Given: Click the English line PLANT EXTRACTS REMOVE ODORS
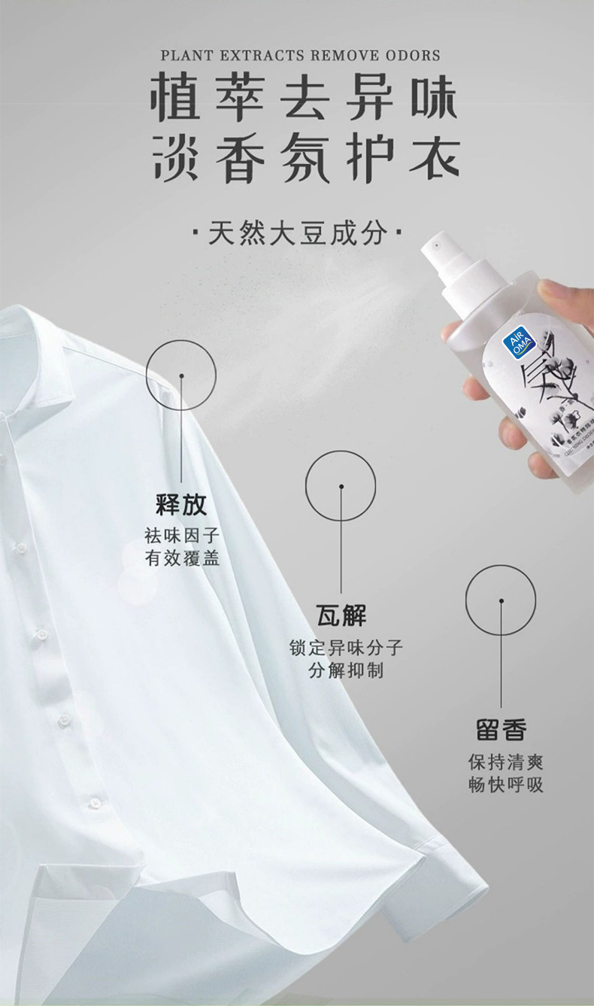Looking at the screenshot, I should point(300,56).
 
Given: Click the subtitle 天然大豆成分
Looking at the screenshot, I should point(298,233).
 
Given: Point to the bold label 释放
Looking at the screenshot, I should point(181,504).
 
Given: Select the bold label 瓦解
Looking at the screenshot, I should point(341,615).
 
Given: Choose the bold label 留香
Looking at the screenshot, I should point(501,729).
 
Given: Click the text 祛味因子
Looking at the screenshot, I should point(181,536).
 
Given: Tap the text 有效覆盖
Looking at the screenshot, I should point(181,558).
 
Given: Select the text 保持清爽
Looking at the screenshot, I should point(505,761).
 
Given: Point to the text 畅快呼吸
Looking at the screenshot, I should point(505,785).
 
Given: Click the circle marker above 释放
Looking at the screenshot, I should point(181,375).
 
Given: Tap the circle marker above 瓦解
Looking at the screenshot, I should point(341,486).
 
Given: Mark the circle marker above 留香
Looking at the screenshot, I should point(501,600).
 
